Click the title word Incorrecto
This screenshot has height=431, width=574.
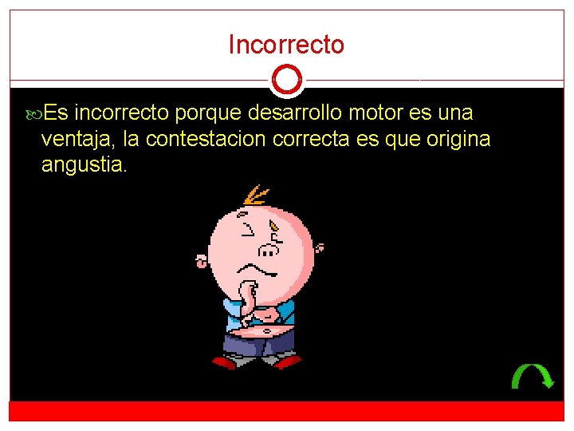click(x=286, y=45)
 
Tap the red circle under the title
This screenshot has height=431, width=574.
click(x=286, y=80)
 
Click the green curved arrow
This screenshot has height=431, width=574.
click(x=532, y=375)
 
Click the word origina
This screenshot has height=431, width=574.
click(x=458, y=140)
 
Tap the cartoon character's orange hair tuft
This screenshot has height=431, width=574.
click(x=256, y=195)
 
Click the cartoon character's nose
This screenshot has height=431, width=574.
click(x=270, y=251)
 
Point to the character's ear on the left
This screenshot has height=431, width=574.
click(x=202, y=260)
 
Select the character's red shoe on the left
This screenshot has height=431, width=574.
click(x=224, y=362)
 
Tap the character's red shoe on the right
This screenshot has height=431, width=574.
click(x=287, y=362)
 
